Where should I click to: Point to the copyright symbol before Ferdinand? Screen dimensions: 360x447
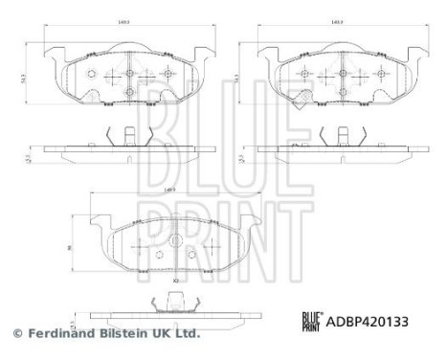(x=16, y=333)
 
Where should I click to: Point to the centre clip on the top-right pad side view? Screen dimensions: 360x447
(x=336, y=138)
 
